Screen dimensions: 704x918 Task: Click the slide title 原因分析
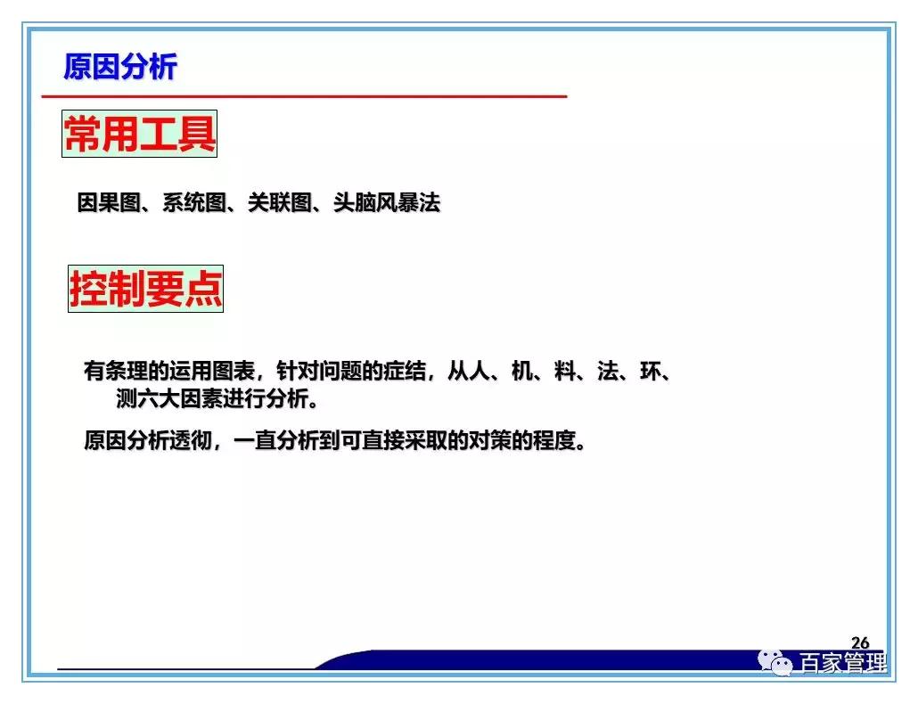coord(120,67)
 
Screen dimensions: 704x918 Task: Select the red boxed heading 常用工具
coord(140,135)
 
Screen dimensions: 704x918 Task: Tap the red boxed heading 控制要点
coord(146,288)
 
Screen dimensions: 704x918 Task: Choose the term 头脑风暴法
coord(387,203)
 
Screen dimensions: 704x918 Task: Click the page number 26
coord(860,643)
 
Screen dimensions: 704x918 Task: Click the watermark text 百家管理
coord(843,664)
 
